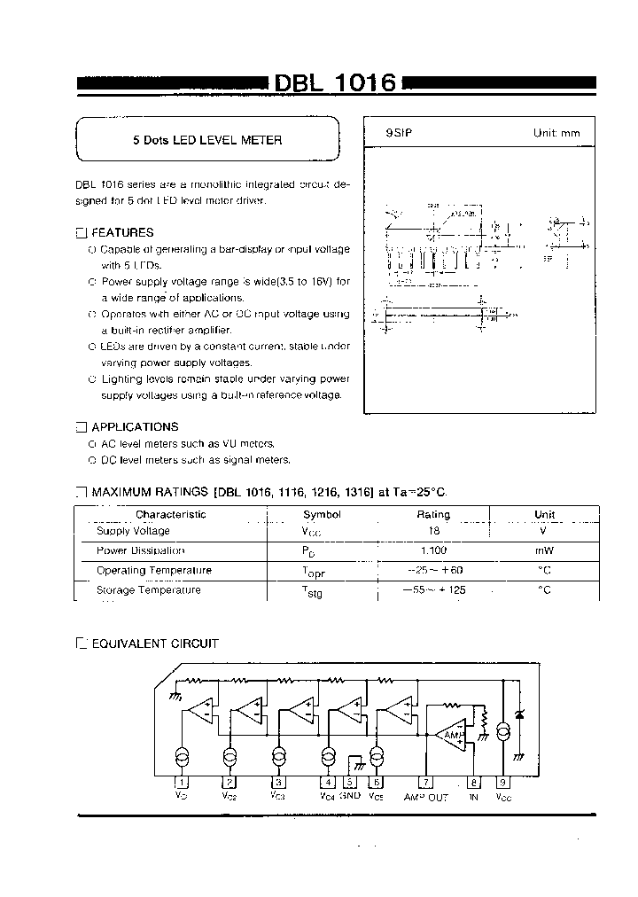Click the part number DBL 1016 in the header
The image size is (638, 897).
pyautogui.click(x=334, y=83)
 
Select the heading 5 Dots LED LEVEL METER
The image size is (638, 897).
pyautogui.click(x=206, y=140)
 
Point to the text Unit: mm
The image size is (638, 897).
pyautogui.click(x=556, y=133)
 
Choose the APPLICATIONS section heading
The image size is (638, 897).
pyautogui.click(x=135, y=426)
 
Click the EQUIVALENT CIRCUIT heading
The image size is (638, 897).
pyautogui.click(x=155, y=643)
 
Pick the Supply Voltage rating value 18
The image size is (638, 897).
pyautogui.click(x=433, y=531)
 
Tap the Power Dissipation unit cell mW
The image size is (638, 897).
pyautogui.click(x=544, y=550)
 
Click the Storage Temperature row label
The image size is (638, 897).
pyautogui.click(x=148, y=589)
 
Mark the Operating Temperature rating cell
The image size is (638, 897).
pyautogui.click(x=433, y=570)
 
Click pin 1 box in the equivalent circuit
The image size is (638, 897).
pyautogui.click(x=182, y=783)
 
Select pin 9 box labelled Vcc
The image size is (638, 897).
pyautogui.click(x=503, y=783)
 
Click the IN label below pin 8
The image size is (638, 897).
pyautogui.click(x=474, y=797)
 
